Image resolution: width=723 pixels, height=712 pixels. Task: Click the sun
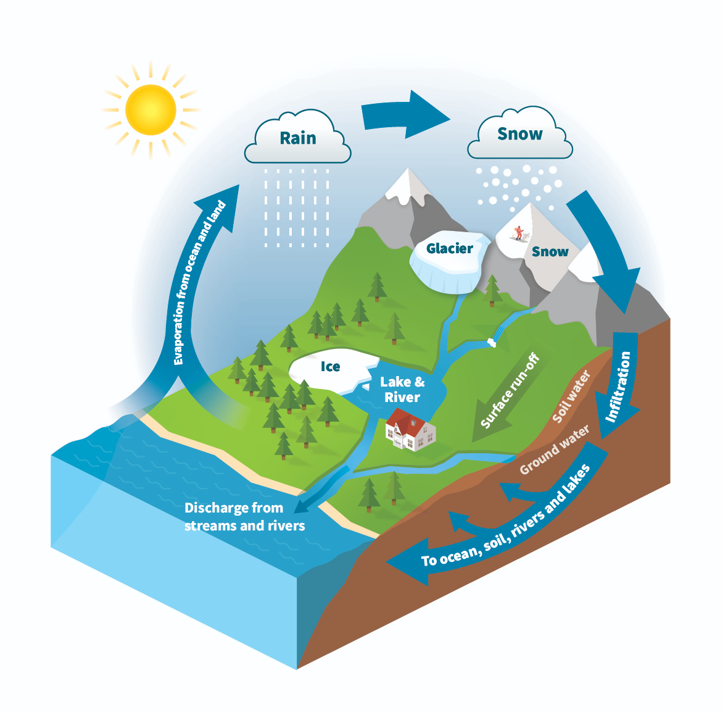tap(151, 110)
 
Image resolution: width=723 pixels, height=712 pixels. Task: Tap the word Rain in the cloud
tap(298, 138)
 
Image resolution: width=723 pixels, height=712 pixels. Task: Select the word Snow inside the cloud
tap(519, 134)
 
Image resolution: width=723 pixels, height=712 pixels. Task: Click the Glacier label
tap(450, 248)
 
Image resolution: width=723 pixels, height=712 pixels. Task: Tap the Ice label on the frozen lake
tap(331, 367)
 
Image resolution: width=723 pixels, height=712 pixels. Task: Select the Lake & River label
tap(402, 390)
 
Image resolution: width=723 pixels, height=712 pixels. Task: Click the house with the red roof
tap(410, 429)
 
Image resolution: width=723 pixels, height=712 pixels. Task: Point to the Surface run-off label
tap(510, 392)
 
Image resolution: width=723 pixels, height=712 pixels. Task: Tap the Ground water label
tap(554, 450)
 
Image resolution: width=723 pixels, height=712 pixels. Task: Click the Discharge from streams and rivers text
tap(244, 517)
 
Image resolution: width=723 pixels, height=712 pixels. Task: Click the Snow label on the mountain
tap(550, 251)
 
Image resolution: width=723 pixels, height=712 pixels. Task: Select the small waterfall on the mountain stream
tap(492, 341)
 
